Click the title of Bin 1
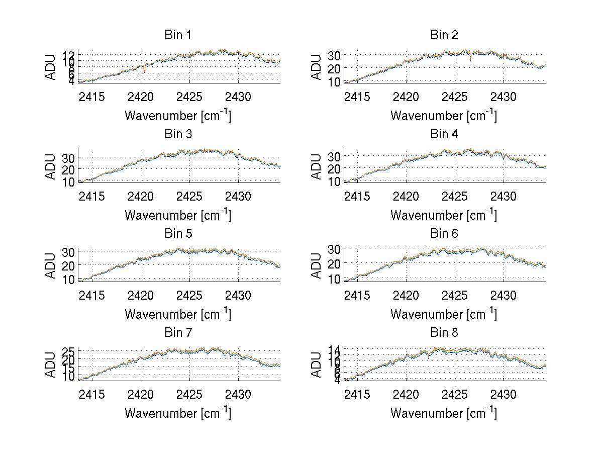(178, 35)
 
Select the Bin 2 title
(444, 35)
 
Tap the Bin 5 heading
(178, 234)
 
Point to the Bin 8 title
(444, 333)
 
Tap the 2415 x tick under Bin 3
(92, 196)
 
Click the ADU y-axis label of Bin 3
(51, 167)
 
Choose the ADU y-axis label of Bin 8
(317, 365)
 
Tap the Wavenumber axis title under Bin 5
(178, 314)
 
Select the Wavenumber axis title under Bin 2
(444, 116)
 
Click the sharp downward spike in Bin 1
(145, 71)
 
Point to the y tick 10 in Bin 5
(69, 279)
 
